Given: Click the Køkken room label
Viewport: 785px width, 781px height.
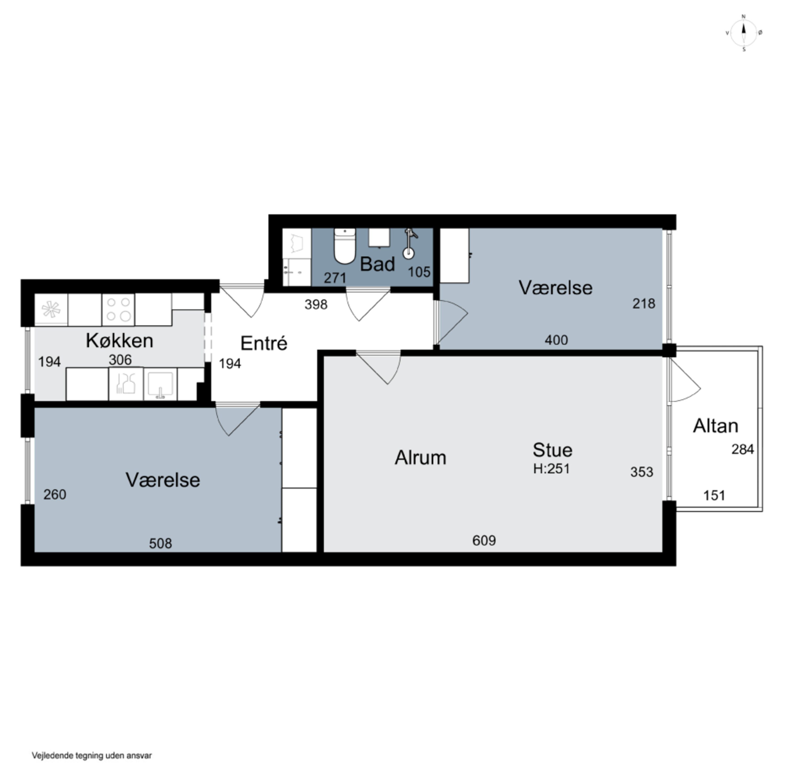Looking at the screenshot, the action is point(120,341).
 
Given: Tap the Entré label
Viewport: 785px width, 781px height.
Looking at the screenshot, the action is point(264,343).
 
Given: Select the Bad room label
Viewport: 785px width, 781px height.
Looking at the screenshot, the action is point(378,264).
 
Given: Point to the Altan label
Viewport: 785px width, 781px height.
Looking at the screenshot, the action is point(715,426).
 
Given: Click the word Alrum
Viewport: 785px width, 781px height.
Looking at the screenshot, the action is point(420,458).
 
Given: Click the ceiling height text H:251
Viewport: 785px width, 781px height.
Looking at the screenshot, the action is point(551,469).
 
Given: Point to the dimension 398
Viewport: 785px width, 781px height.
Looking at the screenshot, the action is point(316,304).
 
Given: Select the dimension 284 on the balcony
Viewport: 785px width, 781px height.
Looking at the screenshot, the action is point(743,449).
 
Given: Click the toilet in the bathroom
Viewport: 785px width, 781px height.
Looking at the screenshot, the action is point(345,246).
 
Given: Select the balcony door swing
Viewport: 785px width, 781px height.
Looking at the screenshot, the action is point(685,381).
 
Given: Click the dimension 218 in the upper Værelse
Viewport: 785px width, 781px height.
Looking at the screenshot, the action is point(644,304).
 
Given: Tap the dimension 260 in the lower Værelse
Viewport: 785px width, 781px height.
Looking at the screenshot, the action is point(55,495).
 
